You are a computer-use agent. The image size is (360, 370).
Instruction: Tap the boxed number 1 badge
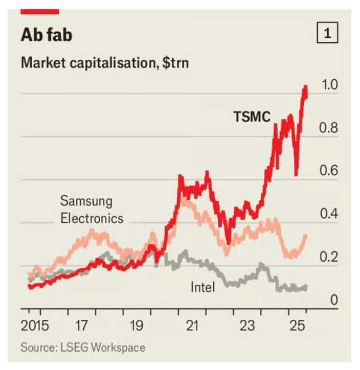point(327,34)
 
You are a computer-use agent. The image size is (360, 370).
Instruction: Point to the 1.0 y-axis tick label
point(330,85)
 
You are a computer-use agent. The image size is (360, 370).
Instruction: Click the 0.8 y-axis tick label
point(330,128)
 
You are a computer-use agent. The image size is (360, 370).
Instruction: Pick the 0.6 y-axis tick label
point(330,171)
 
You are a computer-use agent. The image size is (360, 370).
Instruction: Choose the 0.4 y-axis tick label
point(330,214)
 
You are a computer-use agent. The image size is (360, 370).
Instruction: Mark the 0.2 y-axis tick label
point(330,257)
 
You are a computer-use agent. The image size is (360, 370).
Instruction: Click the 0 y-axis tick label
point(334,299)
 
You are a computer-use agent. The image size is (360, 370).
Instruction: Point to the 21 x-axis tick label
point(192,326)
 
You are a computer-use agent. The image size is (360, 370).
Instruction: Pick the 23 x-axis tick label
point(247,326)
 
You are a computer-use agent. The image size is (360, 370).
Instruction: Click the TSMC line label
point(252,117)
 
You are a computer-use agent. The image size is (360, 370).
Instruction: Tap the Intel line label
point(202,287)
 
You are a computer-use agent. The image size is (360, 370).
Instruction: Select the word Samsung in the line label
point(86,200)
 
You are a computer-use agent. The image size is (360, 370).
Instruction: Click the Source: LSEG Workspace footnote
point(83,348)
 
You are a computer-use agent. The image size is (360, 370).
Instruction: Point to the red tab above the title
point(40,10)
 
